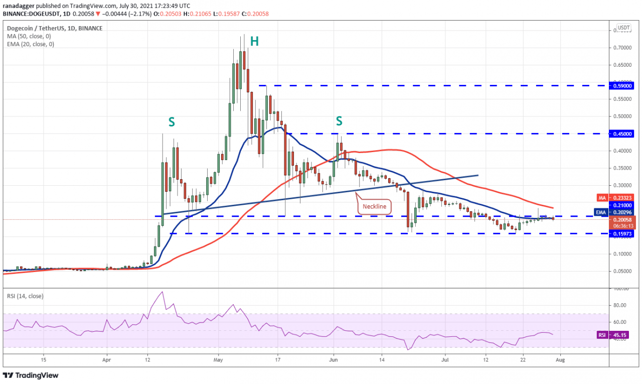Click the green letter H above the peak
[254, 42]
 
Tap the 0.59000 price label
[622, 85]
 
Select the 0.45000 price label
[622, 134]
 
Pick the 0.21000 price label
[622, 205]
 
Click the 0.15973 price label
[622, 233]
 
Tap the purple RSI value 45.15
[623, 335]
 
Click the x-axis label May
[218, 359]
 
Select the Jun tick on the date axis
[335, 359]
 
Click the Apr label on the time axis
[106, 359]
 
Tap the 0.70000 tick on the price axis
[622, 48]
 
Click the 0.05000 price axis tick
[622, 271]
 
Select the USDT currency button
[623, 28]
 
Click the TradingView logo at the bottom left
[31, 375]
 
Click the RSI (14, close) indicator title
[25, 296]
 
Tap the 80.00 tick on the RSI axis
[620, 305]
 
